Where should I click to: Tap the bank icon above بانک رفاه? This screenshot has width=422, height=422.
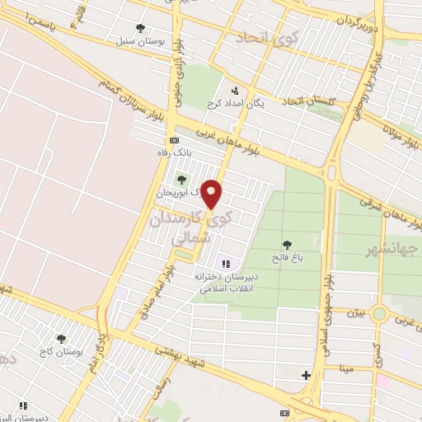pyautogui.click(x=173, y=140)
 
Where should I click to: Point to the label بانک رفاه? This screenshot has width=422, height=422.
pyautogui.click(x=174, y=152)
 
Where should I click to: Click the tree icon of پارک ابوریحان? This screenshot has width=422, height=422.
pyautogui.click(x=181, y=179)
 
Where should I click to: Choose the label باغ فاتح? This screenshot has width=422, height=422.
pyautogui.click(x=288, y=258)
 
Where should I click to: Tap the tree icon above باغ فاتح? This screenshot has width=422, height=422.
pyautogui.click(x=287, y=244)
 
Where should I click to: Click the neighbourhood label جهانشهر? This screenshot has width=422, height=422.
pyautogui.click(x=391, y=248)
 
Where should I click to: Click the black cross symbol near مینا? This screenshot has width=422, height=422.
pyautogui.click(x=307, y=375)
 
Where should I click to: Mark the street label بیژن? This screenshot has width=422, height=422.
pyautogui.click(x=352, y=314)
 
